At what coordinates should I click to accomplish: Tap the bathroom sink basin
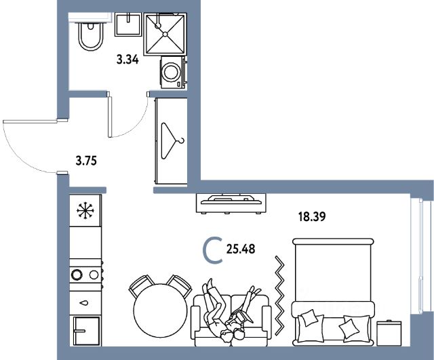(128, 24)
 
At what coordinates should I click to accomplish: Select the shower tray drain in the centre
(165, 34)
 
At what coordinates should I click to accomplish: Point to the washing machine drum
(172, 72)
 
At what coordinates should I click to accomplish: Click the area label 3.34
(127, 60)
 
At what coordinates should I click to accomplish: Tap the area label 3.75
(86, 161)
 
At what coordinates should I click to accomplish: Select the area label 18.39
(312, 217)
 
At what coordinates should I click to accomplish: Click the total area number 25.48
(241, 249)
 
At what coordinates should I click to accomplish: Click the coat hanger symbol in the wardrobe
(172, 140)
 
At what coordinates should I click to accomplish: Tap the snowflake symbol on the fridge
(85, 211)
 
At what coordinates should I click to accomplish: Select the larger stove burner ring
(77, 275)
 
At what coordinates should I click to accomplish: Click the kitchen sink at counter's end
(86, 331)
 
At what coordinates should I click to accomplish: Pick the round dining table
(161, 311)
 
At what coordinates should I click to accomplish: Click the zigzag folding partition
(280, 296)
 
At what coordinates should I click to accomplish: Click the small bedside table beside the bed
(389, 333)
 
